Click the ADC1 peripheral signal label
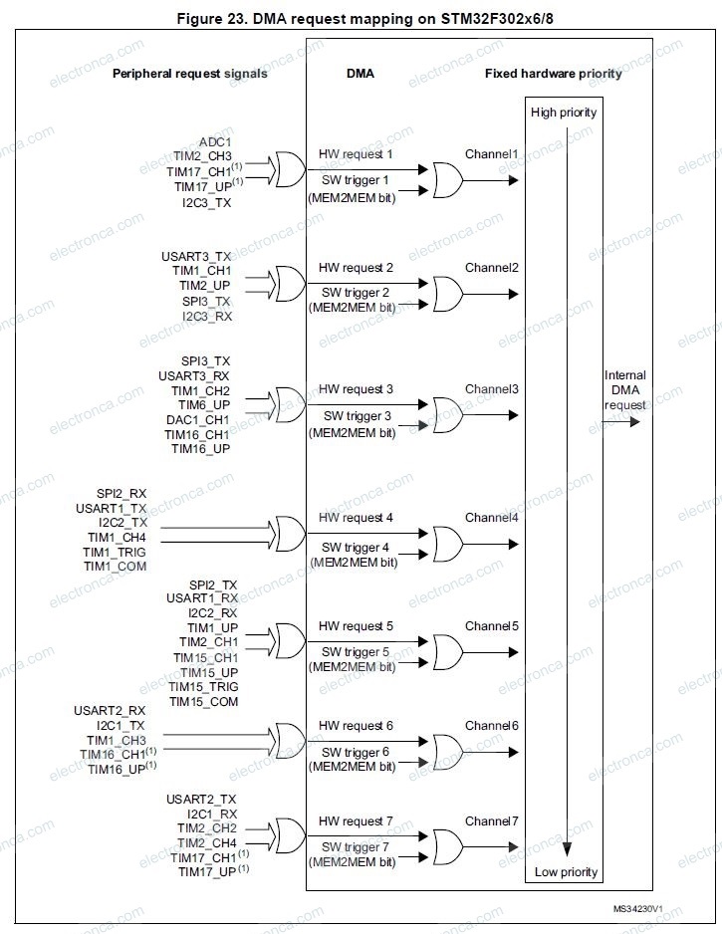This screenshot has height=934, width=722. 215,142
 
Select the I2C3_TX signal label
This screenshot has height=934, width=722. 206,202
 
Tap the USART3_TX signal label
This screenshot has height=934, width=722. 196,256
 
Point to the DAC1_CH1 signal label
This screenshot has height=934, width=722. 197,420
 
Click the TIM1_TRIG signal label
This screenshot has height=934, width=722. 115,552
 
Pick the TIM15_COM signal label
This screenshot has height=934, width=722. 204,702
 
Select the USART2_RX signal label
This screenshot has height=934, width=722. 110,710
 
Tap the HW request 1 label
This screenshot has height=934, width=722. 356,154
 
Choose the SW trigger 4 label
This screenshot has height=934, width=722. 356,548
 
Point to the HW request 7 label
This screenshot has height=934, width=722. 356,821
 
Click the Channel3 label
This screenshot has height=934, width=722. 491,388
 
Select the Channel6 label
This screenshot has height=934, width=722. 491,725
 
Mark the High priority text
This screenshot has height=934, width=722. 564,113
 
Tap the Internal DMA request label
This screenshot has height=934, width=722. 625,390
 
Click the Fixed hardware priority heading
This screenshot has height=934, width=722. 553,74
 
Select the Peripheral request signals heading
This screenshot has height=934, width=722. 189,74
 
